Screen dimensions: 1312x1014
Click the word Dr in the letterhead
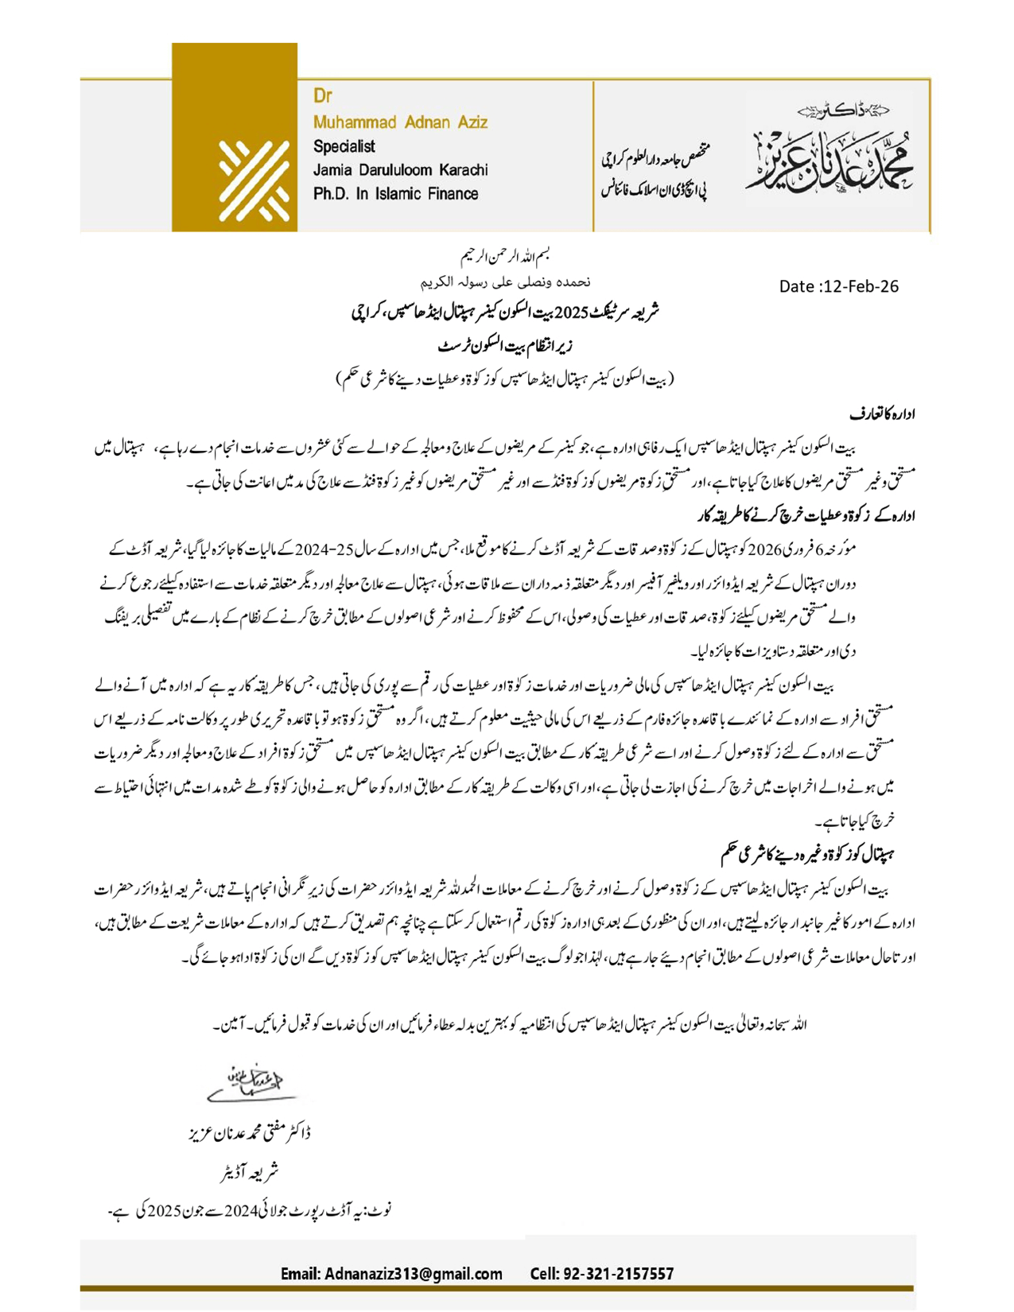(x=322, y=96)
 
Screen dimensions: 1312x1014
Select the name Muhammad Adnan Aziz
(x=400, y=122)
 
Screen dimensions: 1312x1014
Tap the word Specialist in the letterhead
(x=344, y=146)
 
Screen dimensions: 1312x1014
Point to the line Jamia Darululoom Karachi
(x=400, y=170)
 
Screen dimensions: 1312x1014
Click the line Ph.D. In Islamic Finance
(x=395, y=194)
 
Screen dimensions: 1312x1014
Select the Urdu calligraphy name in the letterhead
(x=829, y=155)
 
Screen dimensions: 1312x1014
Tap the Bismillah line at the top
(x=506, y=256)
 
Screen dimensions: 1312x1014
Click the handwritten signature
(x=249, y=1084)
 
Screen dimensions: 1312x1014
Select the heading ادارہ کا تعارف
(x=882, y=413)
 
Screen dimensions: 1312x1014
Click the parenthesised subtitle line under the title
(x=504, y=378)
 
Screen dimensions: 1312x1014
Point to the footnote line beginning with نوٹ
(x=250, y=1211)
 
